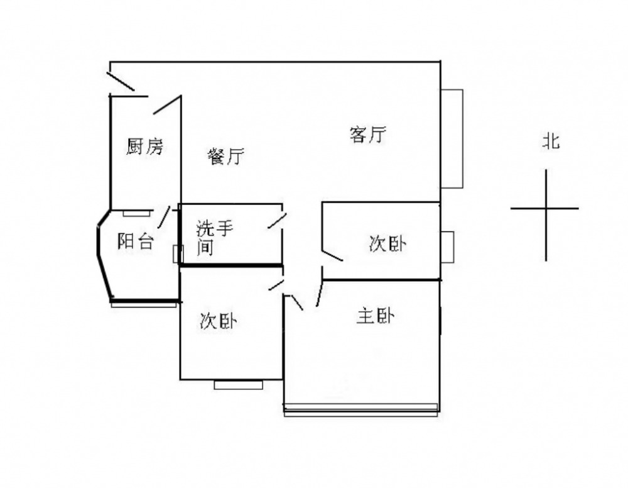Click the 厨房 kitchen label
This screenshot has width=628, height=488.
[145, 147]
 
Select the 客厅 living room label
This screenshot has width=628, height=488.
[367, 135]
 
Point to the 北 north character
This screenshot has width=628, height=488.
[551, 142]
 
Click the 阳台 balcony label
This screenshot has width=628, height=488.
[136, 241]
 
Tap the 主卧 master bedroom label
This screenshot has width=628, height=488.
[376, 316]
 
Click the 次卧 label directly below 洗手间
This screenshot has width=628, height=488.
[218, 321]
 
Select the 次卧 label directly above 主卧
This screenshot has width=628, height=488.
[387, 244]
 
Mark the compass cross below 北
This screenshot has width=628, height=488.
[545, 209]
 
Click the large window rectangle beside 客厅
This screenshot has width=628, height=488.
[452, 138]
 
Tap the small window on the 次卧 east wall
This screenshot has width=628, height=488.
[447, 247]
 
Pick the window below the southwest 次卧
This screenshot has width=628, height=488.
[238, 384]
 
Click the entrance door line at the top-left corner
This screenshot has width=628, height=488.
[120, 82]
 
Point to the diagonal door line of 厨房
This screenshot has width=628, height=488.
[167, 104]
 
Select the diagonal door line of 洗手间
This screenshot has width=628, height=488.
[277, 221]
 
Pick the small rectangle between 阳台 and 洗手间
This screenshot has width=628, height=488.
[176, 253]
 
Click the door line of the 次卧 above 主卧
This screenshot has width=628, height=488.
[331, 253]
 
